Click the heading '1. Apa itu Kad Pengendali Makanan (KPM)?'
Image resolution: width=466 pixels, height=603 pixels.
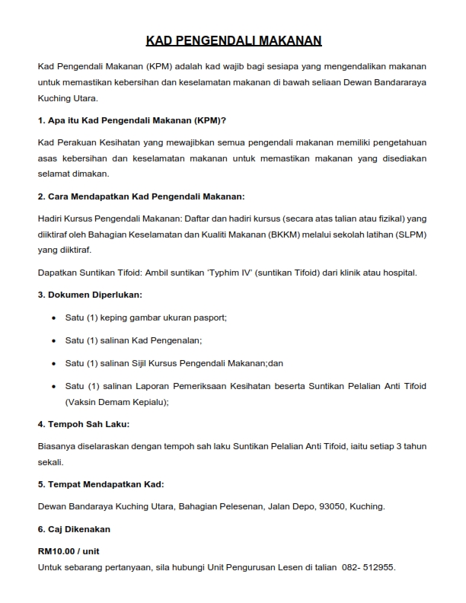pos(132,120)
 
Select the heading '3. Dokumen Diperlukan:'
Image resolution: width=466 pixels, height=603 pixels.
pos(89,294)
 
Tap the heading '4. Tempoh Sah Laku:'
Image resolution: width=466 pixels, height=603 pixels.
pos(83,423)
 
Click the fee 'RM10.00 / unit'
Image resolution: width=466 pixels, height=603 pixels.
pos(69,549)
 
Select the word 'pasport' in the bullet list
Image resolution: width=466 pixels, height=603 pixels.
pos(210,317)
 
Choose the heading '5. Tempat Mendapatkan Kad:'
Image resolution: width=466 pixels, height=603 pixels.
pos(101,483)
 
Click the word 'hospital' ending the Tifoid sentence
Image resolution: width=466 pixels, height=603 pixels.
pos(397,273)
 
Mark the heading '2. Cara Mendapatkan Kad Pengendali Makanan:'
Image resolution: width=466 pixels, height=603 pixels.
pos(141,196)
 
